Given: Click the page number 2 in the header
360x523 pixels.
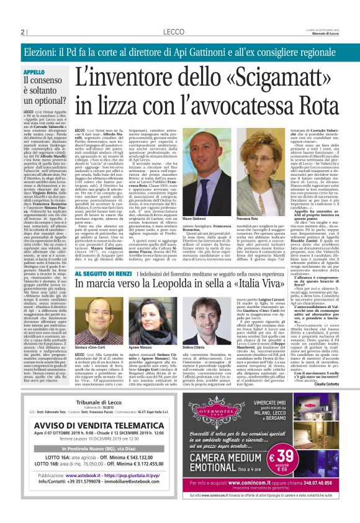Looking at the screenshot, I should (x=22, y=31).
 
